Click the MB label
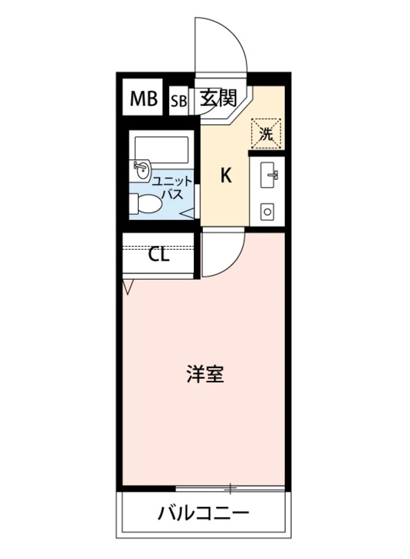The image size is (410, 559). click(x=143, y=99)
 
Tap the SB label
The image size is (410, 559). click(x=179, y=101)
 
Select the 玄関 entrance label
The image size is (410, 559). click(x=218, y=98)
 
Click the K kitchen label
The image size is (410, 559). click(x=226, y=175)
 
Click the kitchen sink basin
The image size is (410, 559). click(x=267, y=175)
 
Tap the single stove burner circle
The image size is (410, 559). click(x=267, y=212)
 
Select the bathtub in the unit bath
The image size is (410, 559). click(x=162, y=150)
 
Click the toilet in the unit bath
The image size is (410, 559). click(x=146, y=204)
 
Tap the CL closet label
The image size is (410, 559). click(x=159, y=255)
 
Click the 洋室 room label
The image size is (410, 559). click(x=205, y=374)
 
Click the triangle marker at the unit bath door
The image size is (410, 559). click(x=187, y=214)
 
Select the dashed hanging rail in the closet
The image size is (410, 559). click(x=158, y=248)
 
